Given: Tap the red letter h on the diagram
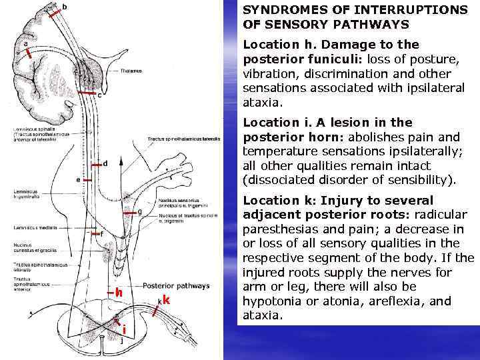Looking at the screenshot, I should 118,292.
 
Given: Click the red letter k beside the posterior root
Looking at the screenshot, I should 166,300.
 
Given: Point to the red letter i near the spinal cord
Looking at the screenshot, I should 125,329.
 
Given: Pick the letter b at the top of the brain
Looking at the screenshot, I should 64,7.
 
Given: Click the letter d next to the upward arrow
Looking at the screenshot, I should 105,162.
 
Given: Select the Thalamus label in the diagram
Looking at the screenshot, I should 131,70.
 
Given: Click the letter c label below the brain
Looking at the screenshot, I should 99,95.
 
